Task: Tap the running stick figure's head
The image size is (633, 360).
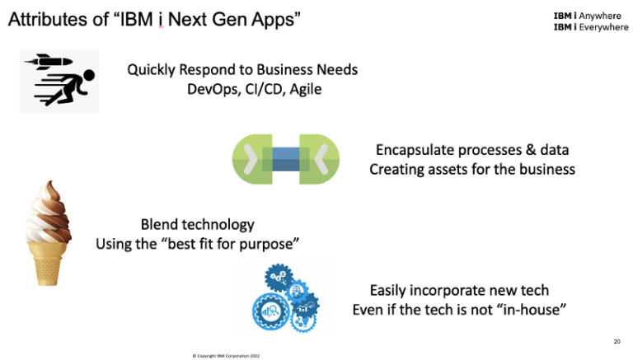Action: click(85, 77)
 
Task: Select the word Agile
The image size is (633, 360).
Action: click(302, 89)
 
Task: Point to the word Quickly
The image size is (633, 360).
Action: click(152, 69)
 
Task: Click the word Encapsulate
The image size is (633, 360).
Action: click(414, 150)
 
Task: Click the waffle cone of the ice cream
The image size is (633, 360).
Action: click(46, 250)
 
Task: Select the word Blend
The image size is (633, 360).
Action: click(160, 224)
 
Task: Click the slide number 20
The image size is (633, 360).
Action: click(617, 340)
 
